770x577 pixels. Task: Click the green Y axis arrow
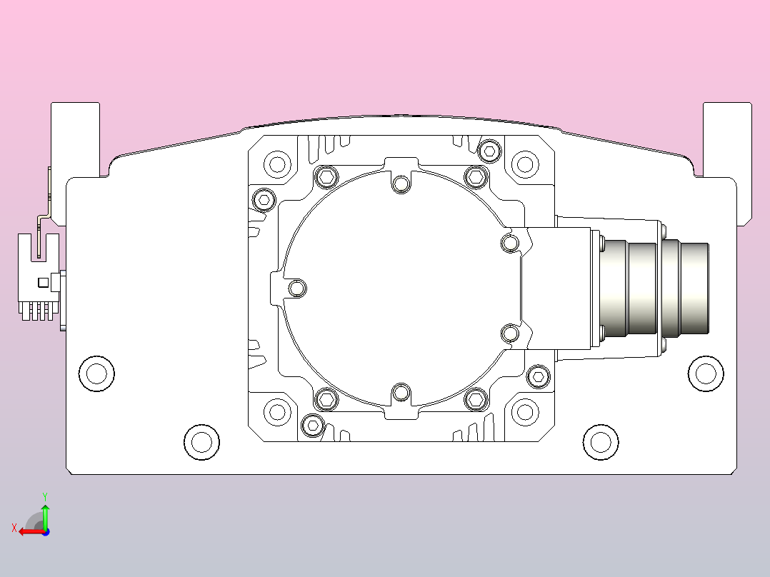(45, 513)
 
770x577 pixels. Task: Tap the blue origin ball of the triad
(46, 531)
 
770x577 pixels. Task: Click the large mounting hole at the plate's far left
(96, 373)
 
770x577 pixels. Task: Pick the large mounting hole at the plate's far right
(706, 373)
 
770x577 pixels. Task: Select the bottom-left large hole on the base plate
(202, 442)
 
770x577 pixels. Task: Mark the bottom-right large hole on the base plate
(601, 442)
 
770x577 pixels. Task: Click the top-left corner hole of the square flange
(278, 164)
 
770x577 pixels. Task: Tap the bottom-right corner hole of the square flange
(525, 411)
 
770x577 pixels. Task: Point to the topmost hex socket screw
(489, 150)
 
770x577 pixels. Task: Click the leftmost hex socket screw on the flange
(264, 199)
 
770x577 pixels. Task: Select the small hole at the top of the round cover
(401, 184)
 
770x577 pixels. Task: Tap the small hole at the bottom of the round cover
(401, 392)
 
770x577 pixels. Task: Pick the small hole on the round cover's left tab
(297, 288)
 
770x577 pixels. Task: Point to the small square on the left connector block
(44, 282)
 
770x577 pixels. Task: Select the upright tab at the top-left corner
(75, 138)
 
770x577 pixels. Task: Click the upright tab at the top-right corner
(727, 138)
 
